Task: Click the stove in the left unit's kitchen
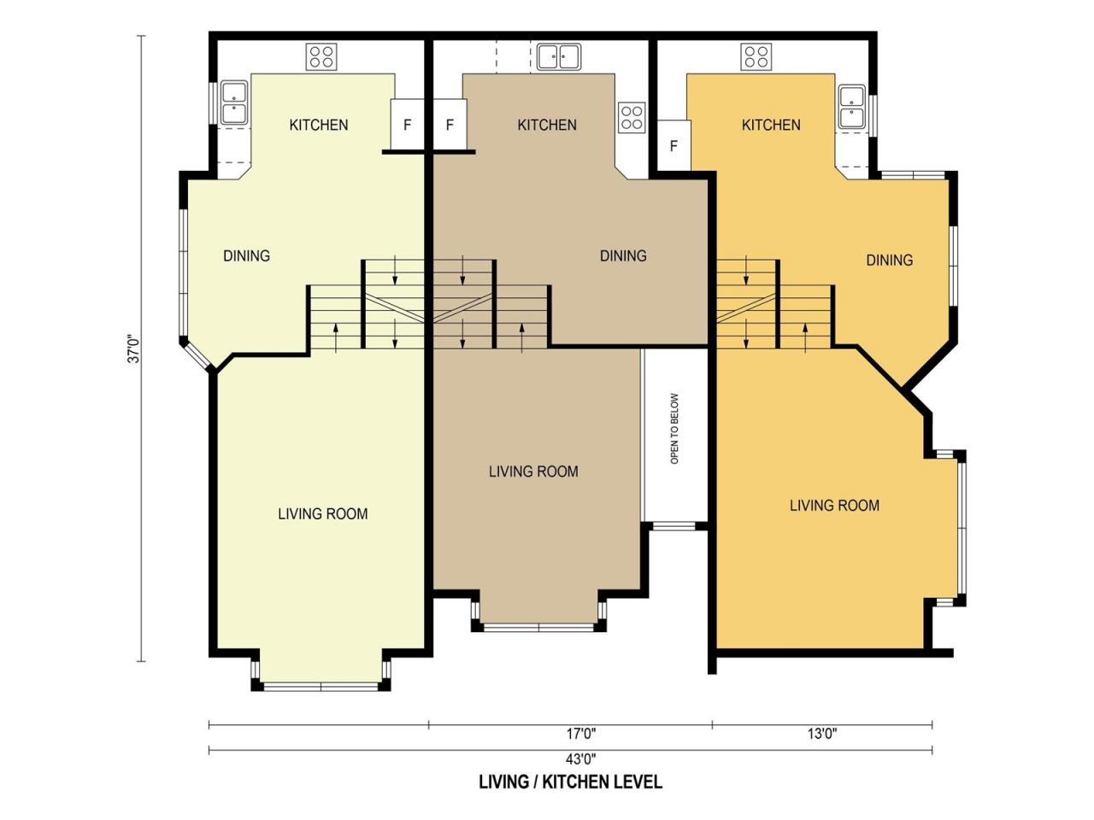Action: tap(321, 56)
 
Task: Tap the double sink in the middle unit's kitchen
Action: tap(558, 56)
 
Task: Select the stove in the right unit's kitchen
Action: tap(756, 56)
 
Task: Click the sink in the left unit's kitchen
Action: tap(233, 102)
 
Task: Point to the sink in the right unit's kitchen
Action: tap(852, 107)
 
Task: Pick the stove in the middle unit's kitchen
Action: tap(632, 118)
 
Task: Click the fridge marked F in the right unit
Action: tap(673, 146)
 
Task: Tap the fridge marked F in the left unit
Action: tap(407, 125)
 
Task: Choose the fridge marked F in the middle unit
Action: tap(450, 125)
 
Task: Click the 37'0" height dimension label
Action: tap(134, 348)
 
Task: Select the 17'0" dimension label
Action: tap(580, 734)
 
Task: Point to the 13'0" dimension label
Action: tap(822, 734)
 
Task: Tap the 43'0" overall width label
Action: tap(580, 759)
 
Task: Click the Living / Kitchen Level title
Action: tap(571, 782)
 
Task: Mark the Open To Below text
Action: tap(674, 429)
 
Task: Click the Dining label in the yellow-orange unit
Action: tap(890, 260)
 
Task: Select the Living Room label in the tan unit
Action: tap(533, 471)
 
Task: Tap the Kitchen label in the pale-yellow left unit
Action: tap(319, 125)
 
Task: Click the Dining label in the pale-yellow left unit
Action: tap(246, 256)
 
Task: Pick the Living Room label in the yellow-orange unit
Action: tap(834, 506)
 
